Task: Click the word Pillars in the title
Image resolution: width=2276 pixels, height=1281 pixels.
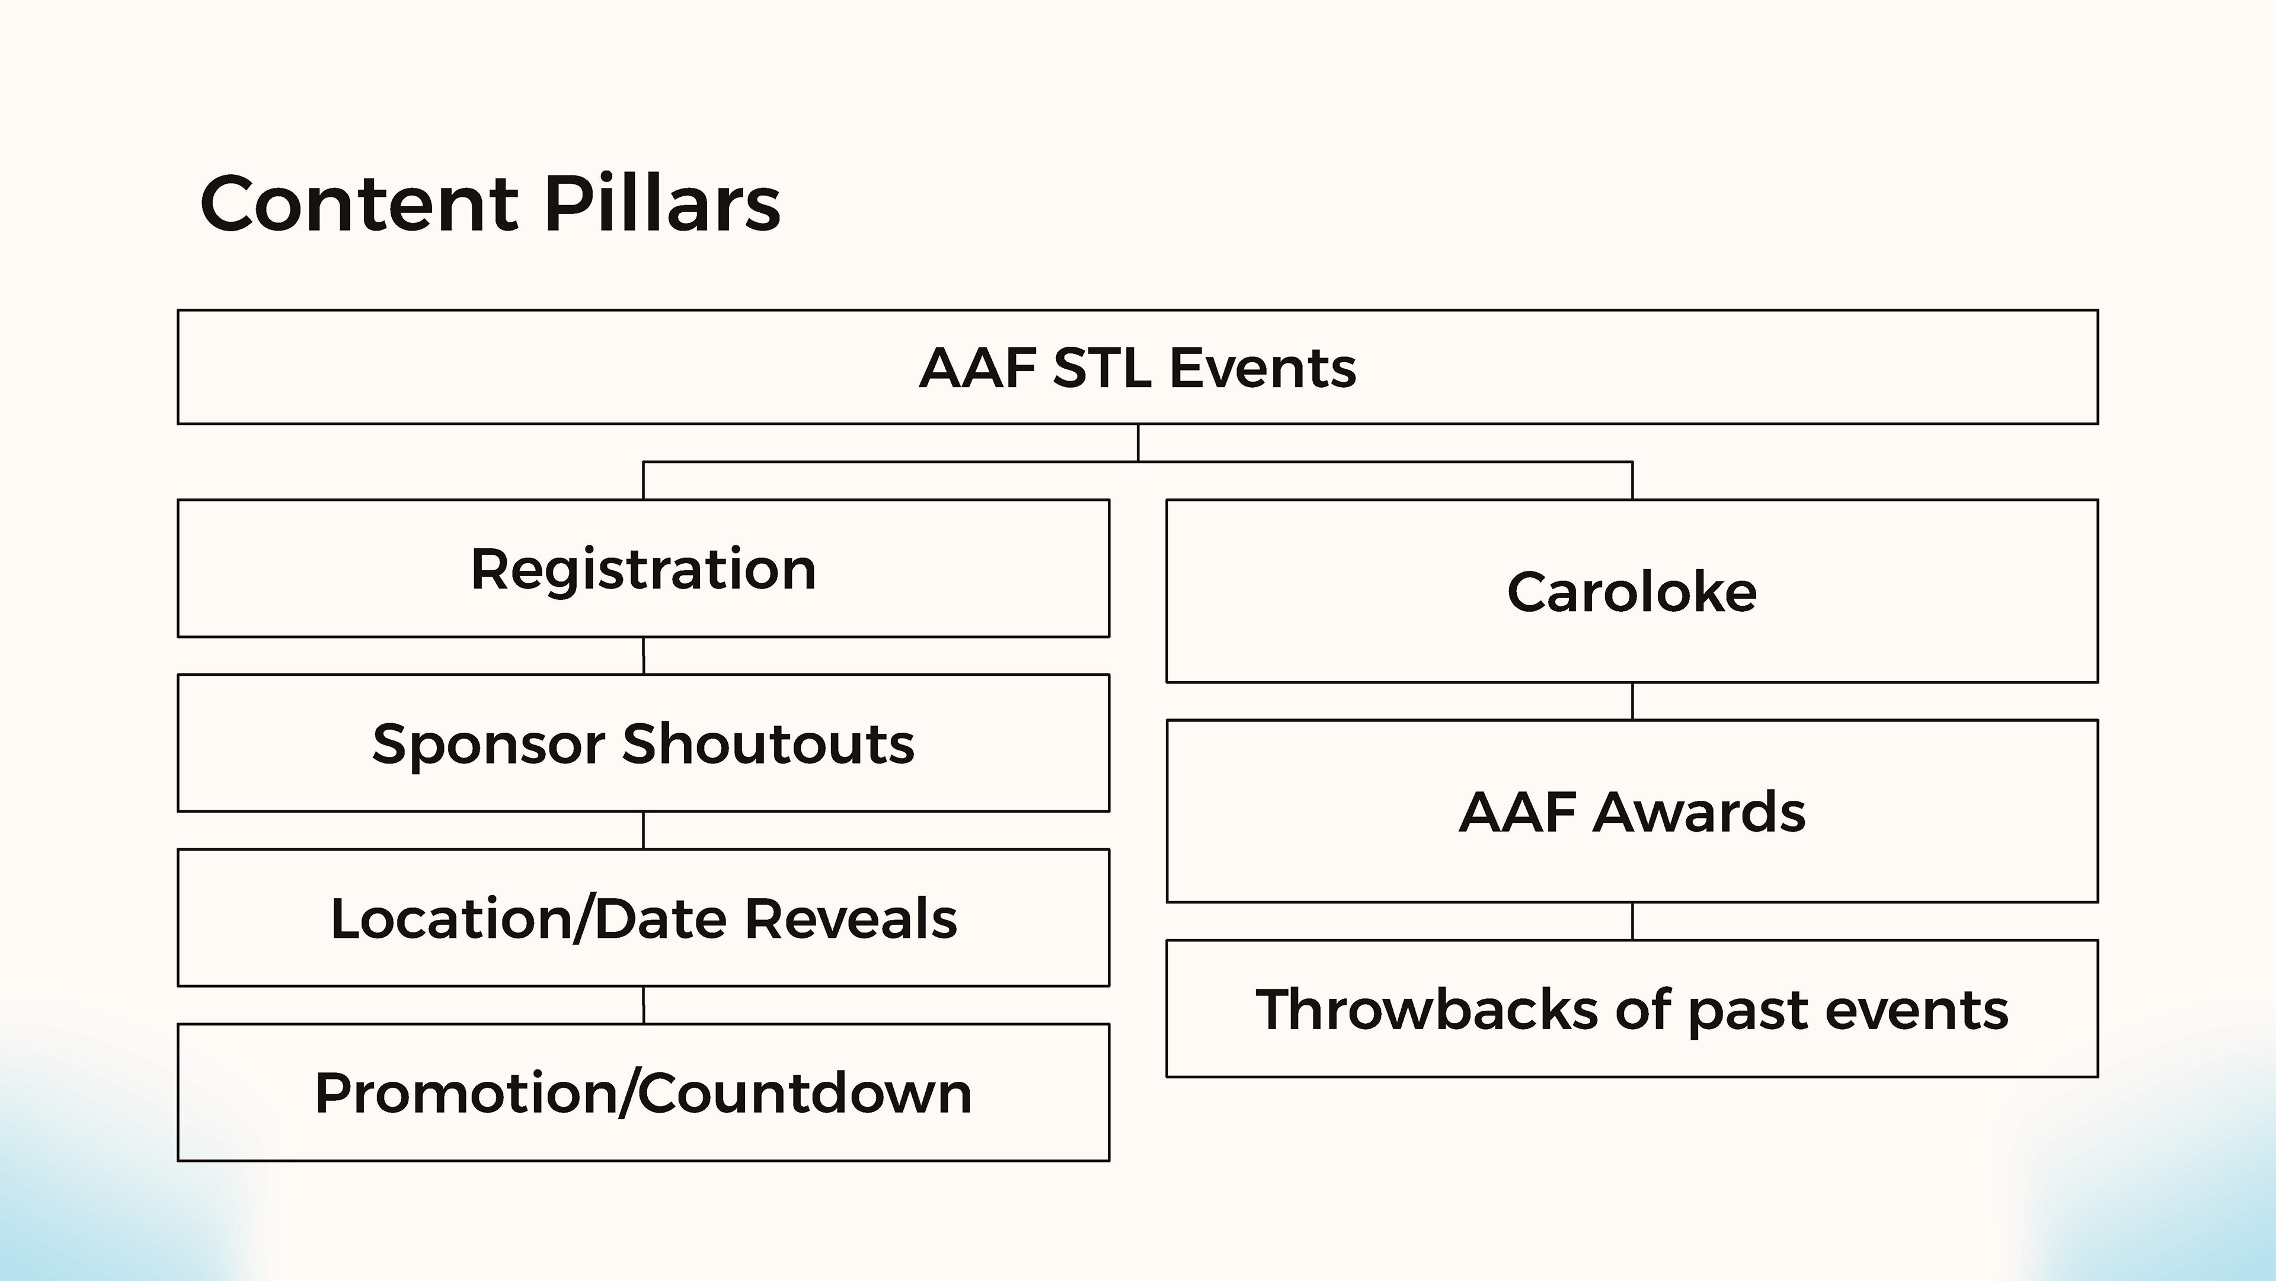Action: (x=663, y=203)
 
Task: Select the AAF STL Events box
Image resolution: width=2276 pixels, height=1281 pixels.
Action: (x=1138, y=366)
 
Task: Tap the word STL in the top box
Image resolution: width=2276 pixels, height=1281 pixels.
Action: (x=1102, y=368)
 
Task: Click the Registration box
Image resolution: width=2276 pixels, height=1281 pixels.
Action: (x=643, y=568)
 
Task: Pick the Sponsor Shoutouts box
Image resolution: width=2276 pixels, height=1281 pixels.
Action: (x=643, y=743)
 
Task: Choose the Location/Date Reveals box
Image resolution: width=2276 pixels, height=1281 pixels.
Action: (x=643, y=918)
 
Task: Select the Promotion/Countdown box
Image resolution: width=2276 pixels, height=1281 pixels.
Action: (x=643, y=1093)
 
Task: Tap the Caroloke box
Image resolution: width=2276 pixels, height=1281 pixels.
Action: (x=1632, y=591)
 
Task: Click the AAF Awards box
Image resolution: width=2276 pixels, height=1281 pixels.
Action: (x=1632, y=811)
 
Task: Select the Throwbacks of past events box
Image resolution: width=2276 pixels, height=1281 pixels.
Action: (x=1632, y=1009)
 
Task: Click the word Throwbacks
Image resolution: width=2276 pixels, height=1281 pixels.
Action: (x=1427, y=1009)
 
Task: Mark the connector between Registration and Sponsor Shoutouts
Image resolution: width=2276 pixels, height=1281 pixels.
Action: (x=643, y=656)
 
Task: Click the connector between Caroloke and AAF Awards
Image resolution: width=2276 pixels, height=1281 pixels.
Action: (x=1632, y=701)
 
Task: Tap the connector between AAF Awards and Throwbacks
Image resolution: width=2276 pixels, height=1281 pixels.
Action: (x=1632, y=921)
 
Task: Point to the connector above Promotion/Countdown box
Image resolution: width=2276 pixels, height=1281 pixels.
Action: (x=643, y=1005)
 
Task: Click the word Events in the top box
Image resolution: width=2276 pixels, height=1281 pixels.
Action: (x=1264, y=368)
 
